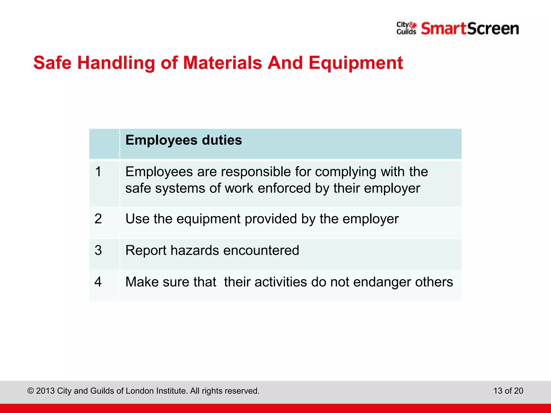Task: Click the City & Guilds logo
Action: (x=406, y=29)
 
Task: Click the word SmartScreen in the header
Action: (x=470, y=29)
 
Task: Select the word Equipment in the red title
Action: (x=356, y=63)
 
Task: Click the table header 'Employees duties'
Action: (x=183, y=140)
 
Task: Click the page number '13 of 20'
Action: (x=508, y=391)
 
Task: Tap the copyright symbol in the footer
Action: (x=31, y=391)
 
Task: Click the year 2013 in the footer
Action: (x=45, y=391)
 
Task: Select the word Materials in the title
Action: (x=222, y=63)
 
